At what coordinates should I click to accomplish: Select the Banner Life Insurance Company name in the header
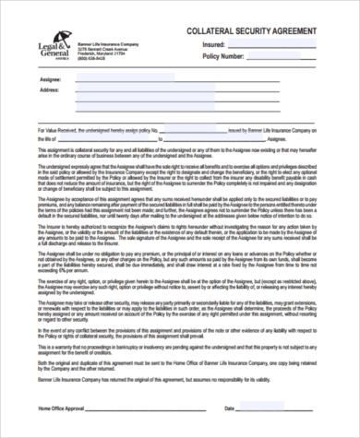tap(108, 43)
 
